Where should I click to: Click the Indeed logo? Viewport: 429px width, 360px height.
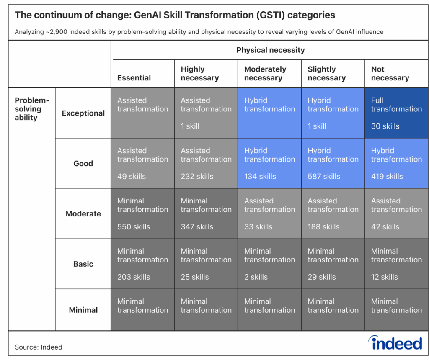click(x=395, y=343)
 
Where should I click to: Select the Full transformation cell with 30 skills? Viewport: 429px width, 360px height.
click(x=396, y=113)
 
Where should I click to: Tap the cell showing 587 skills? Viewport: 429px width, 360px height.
click(x=333, y=163)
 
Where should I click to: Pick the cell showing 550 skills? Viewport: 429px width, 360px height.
click(x=142, y=213)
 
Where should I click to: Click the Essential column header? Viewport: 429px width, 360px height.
click(x=134, y=78)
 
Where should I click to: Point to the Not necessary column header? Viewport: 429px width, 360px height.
click(x=390, y=74)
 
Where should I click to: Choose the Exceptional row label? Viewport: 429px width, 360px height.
click(x=83, y=113)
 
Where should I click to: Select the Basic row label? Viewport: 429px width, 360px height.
click(x=83, y=264)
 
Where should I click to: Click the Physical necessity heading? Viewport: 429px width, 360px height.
click(x=270, y=50)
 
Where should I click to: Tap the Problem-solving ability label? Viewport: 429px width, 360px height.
click(x=32, y=109)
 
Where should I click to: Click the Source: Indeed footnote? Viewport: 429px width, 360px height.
click(x=39, y=347)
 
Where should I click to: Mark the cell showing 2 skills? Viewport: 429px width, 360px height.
click(x=269, y=264)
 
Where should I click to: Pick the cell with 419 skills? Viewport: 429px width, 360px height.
click(x=396, y=163)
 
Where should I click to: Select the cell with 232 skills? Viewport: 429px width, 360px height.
click(x=206, y=163)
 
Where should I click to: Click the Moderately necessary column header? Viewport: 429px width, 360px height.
click(x=265, y=74)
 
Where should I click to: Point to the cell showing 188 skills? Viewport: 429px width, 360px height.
click(x=333, y=213)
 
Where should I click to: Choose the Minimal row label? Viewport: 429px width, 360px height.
click(x=83, y=310)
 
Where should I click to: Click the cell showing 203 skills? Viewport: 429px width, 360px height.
click(x=142, y=264)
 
